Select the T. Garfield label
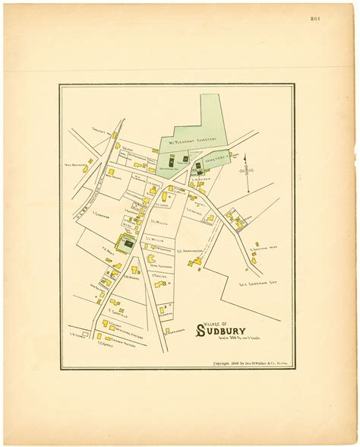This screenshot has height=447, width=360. point(115,311)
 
